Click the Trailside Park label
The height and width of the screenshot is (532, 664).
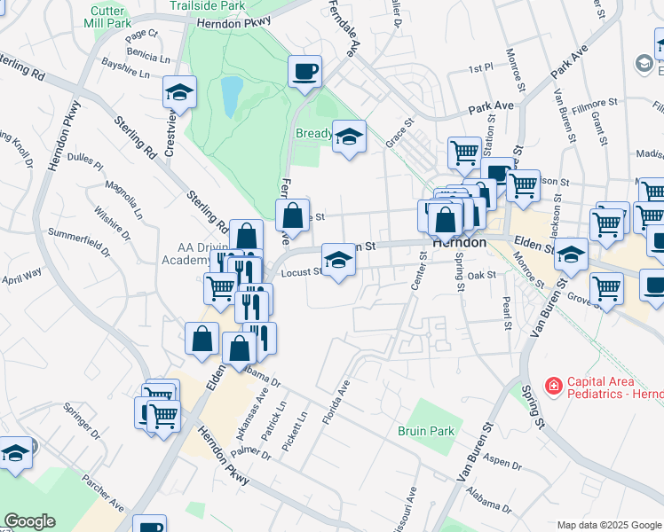point(207,5)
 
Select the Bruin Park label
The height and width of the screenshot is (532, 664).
point(425,431)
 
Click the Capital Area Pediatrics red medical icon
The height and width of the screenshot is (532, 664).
point(553,386)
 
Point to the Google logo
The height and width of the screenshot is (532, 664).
point(29,521)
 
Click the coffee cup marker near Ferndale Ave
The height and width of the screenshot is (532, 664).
point(304,71)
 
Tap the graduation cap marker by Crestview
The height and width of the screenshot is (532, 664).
point(179,93)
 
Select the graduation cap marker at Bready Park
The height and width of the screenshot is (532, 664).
point(349,137)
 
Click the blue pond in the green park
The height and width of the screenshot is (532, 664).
point(231,96)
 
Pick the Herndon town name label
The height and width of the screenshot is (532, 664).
point(458,242)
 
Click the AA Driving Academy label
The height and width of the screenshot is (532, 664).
point(194,254)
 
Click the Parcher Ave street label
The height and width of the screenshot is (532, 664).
point(103,492)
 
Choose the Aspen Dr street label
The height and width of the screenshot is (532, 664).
point(502,463)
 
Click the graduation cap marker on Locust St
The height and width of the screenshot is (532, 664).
point(337,260)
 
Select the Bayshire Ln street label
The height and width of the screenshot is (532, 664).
point(126,69)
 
